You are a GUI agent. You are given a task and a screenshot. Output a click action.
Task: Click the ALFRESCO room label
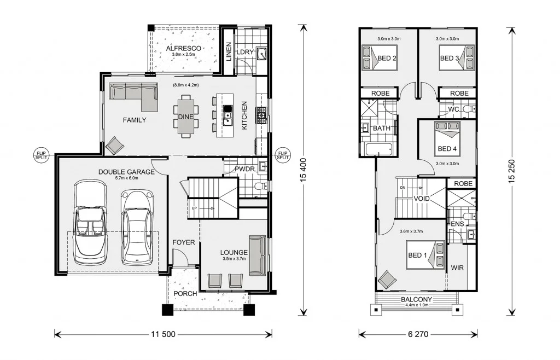[x=184, y=48]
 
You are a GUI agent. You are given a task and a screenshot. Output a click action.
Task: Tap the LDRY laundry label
[x=246, y=52]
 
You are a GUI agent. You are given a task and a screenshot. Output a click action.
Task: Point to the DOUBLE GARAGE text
[x=126, y=172]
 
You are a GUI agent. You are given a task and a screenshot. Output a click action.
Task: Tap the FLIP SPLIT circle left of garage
[x=41, y=154]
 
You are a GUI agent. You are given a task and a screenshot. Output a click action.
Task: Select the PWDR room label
[x=244, y=169]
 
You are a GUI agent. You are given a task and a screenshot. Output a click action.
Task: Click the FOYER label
[x=184, y=242]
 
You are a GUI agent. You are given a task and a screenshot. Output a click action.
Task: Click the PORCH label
[x=185, y=294]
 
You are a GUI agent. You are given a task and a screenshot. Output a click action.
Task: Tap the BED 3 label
[x=450, y=59]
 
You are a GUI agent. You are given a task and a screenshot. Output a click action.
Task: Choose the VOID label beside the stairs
[x=422, y=199]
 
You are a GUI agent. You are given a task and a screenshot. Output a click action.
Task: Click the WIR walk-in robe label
[x=458, y=268]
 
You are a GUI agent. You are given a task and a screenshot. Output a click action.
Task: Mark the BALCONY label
[x=417, y=299]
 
